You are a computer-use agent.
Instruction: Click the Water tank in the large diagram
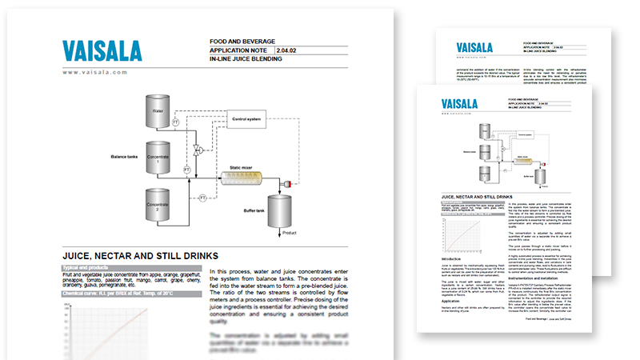(x=158, y=112)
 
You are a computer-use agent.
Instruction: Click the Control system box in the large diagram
(x=247, y=120)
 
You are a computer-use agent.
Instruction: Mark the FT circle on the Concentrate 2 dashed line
(x=202, y=198)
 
